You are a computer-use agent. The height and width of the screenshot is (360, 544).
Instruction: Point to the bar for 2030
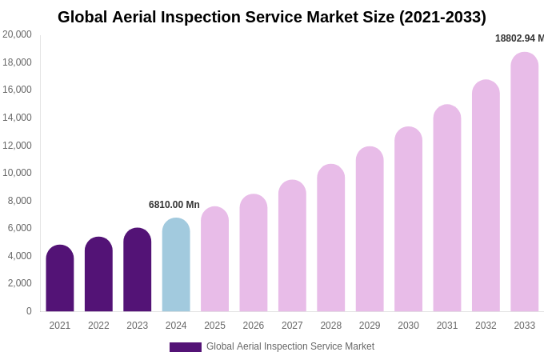(408, 219)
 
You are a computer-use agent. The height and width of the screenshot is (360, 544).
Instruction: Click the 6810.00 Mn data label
(174, 205)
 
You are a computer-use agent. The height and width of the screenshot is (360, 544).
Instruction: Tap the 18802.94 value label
(519, 38)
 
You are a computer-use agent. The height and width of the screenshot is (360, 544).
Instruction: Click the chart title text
(272, 17)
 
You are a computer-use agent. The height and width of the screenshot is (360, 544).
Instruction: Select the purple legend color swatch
(185, 347)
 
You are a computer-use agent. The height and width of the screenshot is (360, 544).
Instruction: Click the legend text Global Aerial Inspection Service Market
(290, 346)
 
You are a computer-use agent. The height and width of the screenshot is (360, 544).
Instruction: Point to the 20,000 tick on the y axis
(17, 34)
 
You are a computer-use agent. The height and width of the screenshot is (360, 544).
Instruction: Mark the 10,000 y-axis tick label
(17, 173)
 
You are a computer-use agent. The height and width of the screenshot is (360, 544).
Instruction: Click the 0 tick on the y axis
(29, 311)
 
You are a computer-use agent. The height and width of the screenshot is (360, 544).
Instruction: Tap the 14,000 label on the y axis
(17, 118)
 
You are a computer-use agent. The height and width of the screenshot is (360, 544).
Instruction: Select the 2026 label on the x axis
(254, 326)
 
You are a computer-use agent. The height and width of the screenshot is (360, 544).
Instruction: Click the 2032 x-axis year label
(486, 326)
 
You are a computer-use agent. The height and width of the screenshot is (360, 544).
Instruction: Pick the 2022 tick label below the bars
(98, 326)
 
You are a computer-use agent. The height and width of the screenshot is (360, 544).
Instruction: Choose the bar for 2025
(214, 259)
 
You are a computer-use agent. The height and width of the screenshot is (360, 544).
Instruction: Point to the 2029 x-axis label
(370, 326)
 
